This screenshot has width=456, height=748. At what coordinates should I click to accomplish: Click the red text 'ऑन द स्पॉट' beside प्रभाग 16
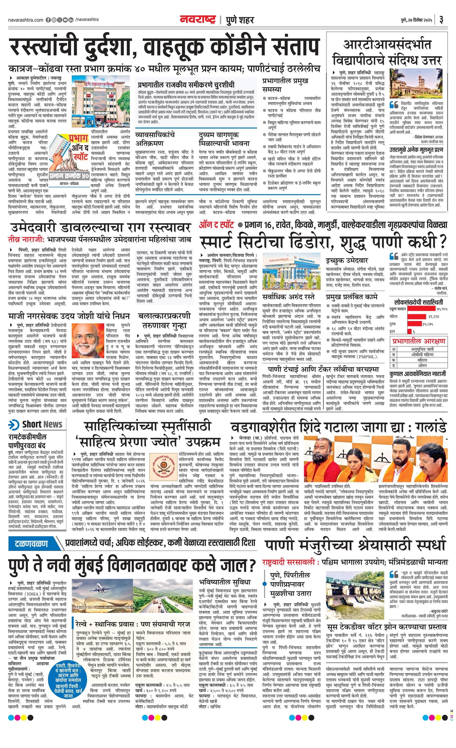[x=216, y=225]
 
